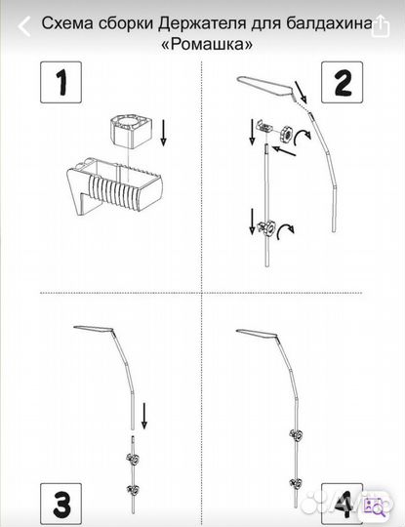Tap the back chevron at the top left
24,26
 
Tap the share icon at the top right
381,25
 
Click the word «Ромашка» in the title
207,44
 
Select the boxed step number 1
61,82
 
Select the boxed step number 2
343,82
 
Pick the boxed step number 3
61,505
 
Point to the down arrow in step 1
163,134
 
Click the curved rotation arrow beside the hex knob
304,137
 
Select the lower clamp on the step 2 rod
265,229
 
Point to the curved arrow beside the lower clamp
285,232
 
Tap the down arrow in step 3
144,416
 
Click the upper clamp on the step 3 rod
133,458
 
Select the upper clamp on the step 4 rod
296,435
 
